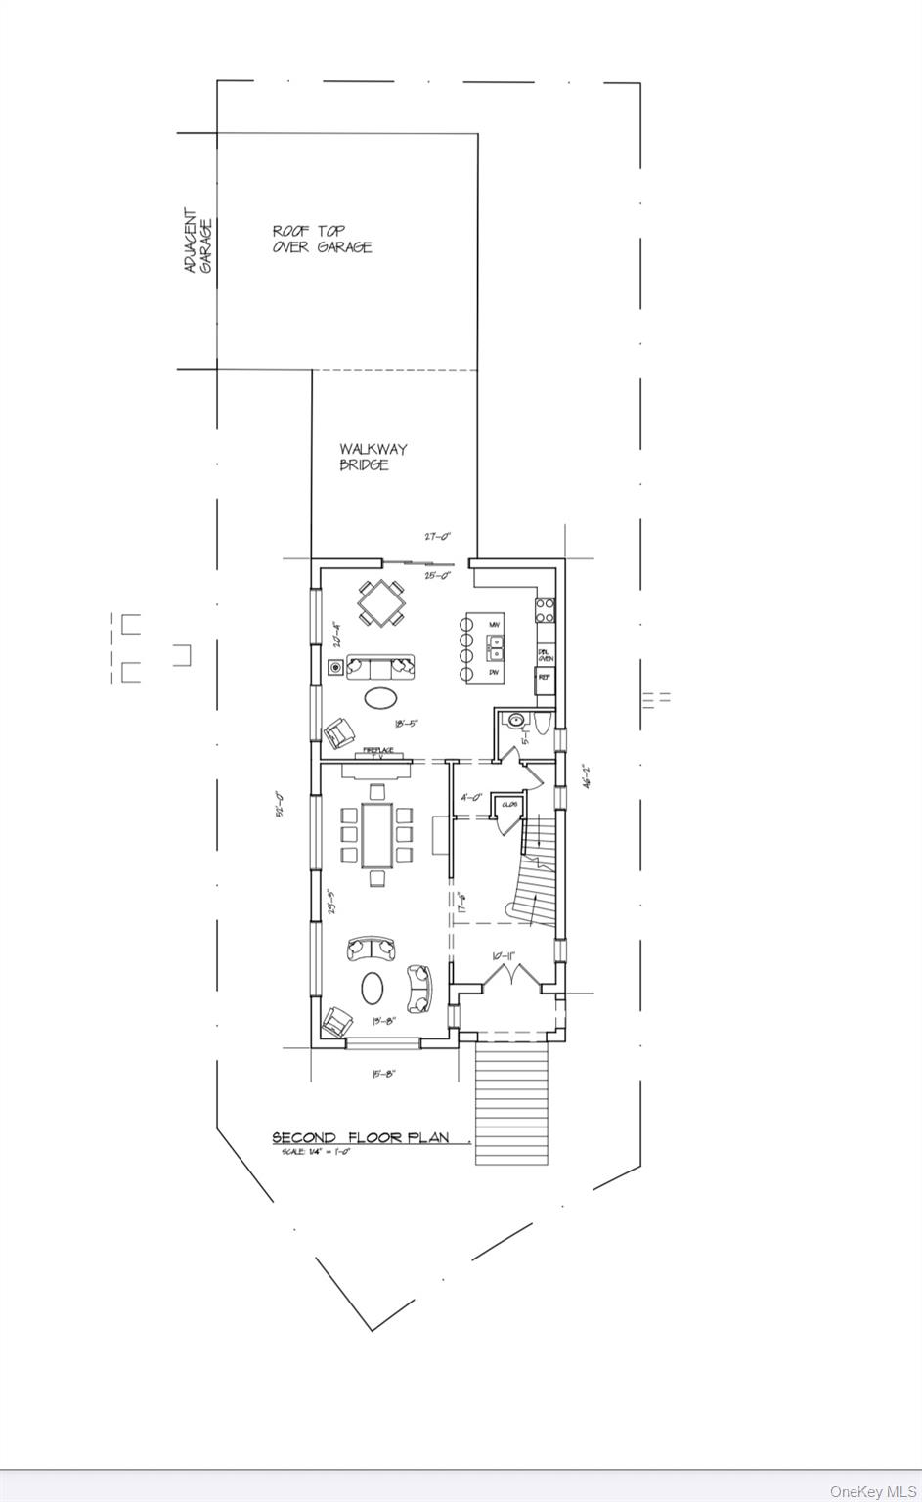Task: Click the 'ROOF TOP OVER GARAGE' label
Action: point(322,239)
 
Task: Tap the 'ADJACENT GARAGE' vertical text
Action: point(198,241)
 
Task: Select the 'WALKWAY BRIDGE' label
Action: point(373,457)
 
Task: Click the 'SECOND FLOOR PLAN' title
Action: point(360,1137)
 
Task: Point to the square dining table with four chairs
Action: point(380,603)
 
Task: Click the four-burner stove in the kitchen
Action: point(545,611)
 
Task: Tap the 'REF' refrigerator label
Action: point(544,676)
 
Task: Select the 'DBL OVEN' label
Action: point(545,655)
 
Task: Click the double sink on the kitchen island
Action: point(496,646)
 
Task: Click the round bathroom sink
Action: point(515,721)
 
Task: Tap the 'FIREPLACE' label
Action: point(378,750)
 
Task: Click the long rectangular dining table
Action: point(376,834)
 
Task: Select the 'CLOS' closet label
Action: point(508,804)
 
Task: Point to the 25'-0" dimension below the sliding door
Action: point(436,576)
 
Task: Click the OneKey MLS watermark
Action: point(873,1491)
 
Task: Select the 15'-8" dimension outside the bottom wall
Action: point(383,1073)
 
